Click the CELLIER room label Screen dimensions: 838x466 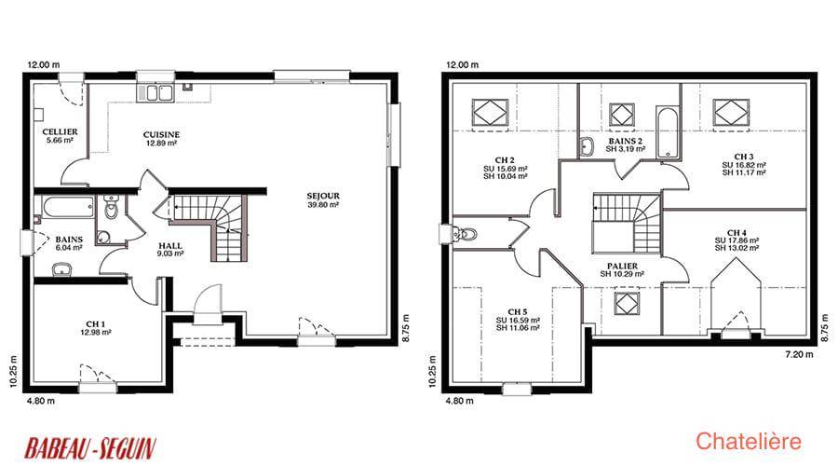pos(60,131)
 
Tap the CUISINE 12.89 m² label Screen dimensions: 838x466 pos(161,139)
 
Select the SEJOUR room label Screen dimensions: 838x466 pos(323,197)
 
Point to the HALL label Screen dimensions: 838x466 pos(170,245)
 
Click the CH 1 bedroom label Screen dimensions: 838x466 pos(96,324)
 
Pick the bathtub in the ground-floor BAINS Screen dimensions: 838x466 pos(68,207)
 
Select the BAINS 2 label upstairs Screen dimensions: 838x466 pos(626,142)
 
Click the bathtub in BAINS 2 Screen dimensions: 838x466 pos(668,132)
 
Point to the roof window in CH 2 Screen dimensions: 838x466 pos(490,113)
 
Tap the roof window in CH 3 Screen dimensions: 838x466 pos(731,113)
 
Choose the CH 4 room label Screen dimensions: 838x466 pos(737,233)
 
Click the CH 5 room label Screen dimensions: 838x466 pos(518,312)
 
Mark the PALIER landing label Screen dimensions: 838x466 pos(622,266)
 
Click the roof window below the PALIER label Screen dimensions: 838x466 pos(627,303)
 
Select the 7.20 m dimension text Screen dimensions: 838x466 pos(799,354)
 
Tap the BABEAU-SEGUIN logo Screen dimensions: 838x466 pos(90,448)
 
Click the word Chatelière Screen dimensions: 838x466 pos(749,442)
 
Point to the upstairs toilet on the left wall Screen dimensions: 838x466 pos(463,234)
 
